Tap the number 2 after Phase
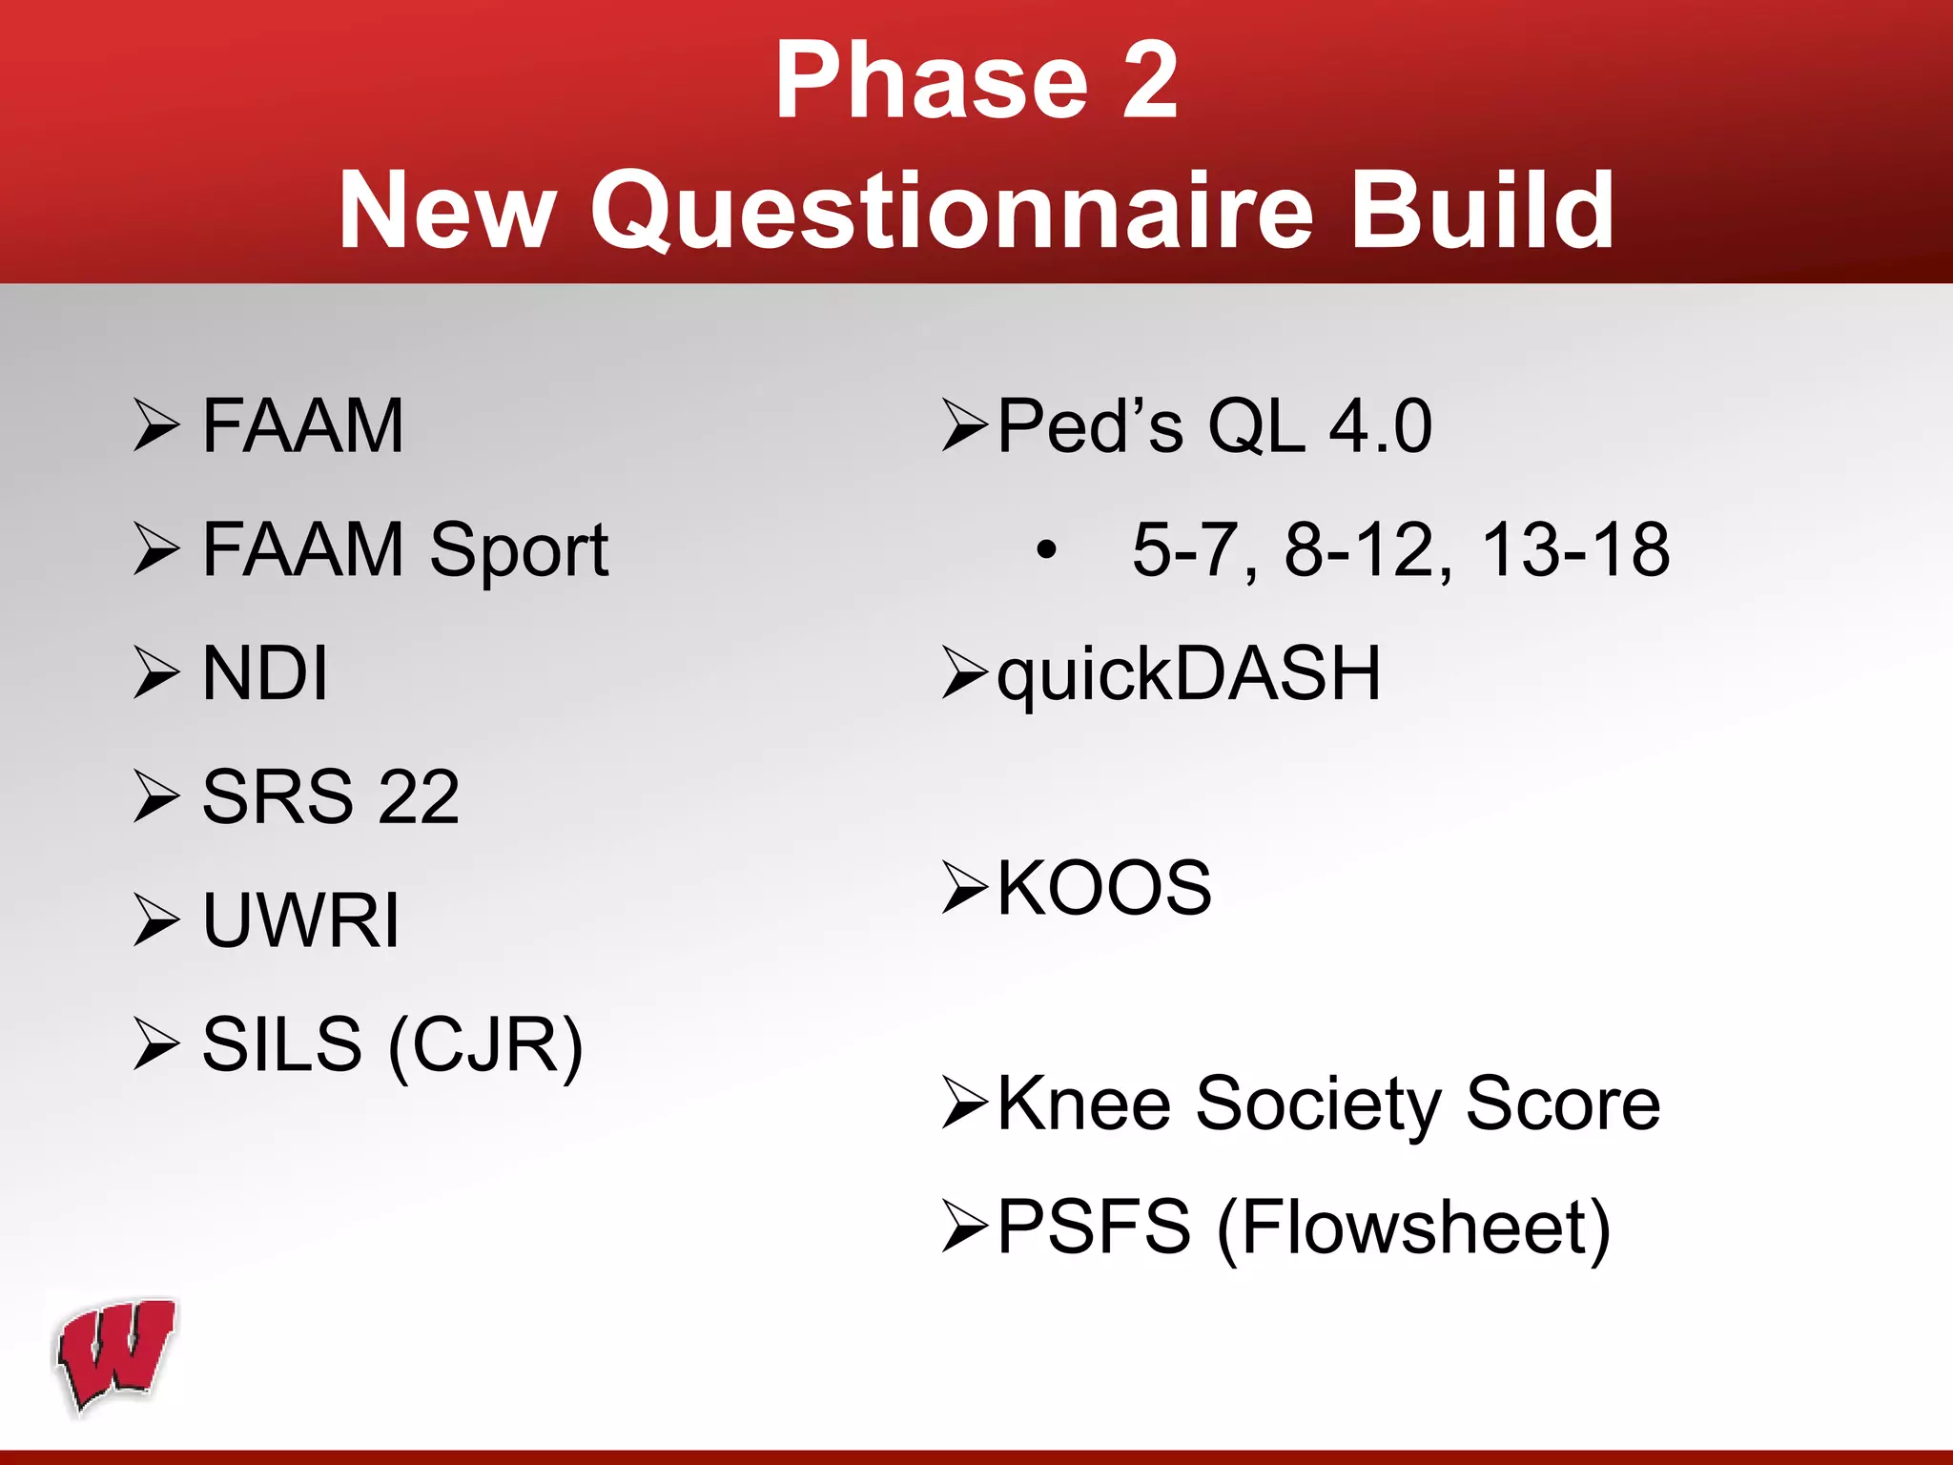tap(1150, 82)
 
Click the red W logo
tap(116, 1353)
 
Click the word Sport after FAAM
tap(519, 550)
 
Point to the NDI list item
tap(265, 673)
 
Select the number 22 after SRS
tap(419, 797)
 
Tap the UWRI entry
tap(300, 920)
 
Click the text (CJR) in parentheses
tap(485, 1045)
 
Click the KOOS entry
tap(1103, 888)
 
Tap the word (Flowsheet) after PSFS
tap(1413, 1228)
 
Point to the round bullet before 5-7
tap(1047, 550)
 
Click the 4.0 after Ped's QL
tap(1380, 426)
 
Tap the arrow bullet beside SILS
tap(156, 1044)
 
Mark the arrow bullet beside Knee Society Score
tap(964, 1104)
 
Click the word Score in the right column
tap(1563, 1104)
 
